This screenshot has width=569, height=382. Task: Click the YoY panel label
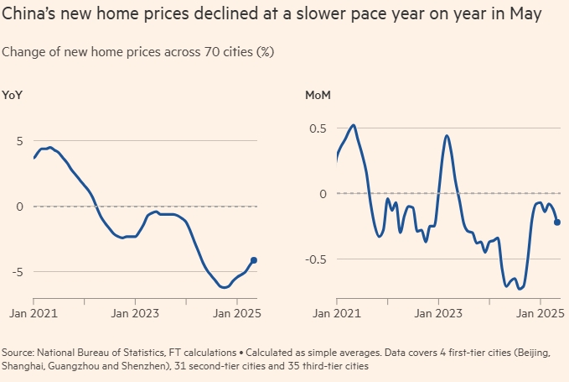pyautogui.click(x=12, y=95)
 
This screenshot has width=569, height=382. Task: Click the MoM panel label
pyautogui.click(x=318, y=95)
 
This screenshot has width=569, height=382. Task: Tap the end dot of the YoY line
pyautogui.click(x=254, y=260)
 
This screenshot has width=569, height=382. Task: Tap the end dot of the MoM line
pyautogui.click(x=557, y=222)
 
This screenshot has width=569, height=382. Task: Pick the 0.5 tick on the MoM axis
pyautogui.click(x=318, y=128)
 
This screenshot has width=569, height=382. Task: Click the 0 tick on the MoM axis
pyautogui.click(x=321, y=194)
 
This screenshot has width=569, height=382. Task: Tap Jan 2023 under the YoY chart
pyautogui.click(x=132, y=313)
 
